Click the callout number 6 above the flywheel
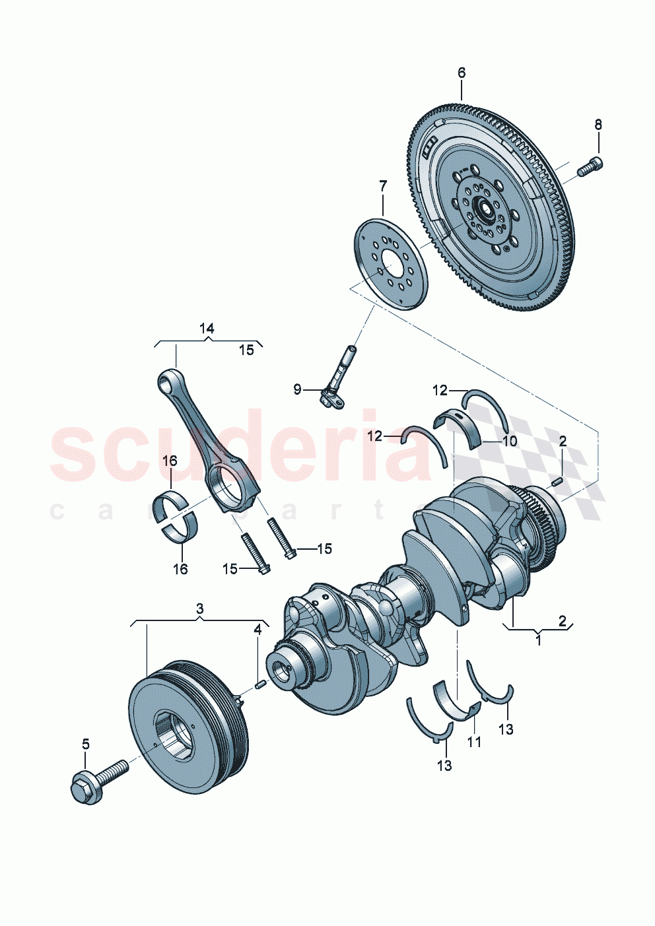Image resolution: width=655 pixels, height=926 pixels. (461, 73)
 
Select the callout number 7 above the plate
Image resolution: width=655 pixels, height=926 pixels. (383, 187)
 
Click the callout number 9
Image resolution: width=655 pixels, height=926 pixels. (297, 390)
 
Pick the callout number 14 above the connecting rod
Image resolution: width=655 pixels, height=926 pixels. (207, 328)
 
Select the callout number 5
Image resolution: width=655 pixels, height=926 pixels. (85, 744)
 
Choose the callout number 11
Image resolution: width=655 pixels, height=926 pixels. (474, 742)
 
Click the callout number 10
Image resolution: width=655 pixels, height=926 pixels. (510, 442)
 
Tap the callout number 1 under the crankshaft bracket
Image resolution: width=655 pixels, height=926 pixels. (538, 639)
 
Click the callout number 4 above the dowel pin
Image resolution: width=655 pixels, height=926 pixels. (258, 630)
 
